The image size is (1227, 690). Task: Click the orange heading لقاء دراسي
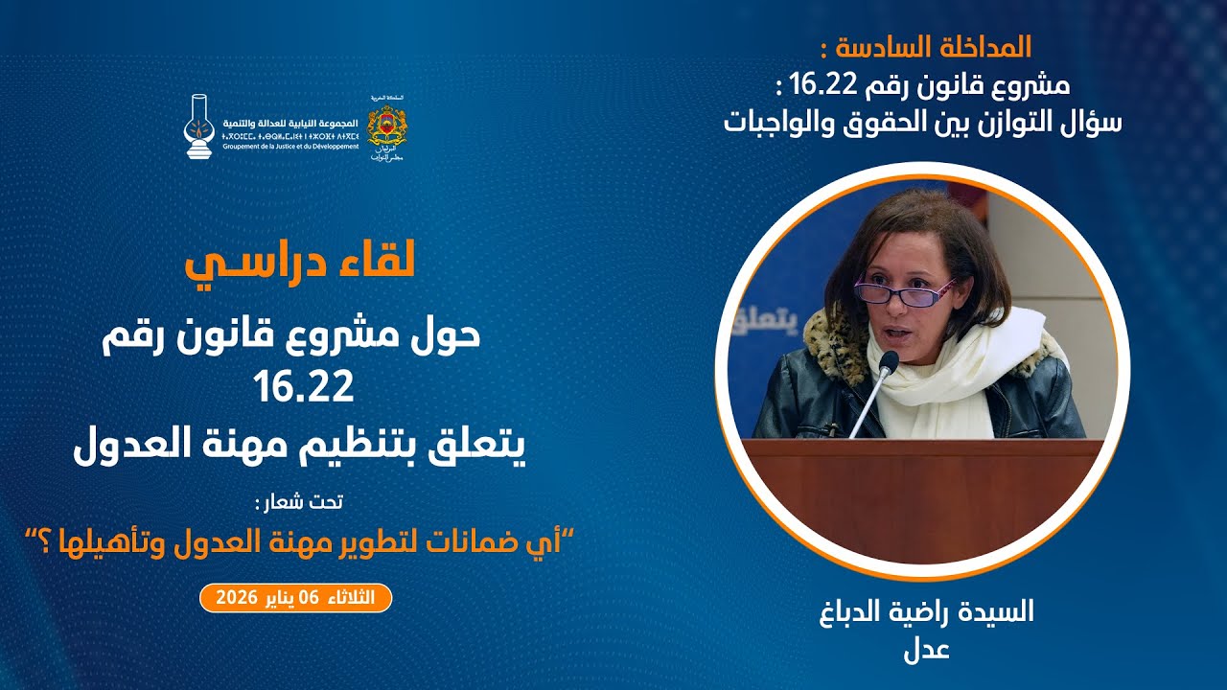coord(300,264)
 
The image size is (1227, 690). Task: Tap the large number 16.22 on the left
coord(304,387)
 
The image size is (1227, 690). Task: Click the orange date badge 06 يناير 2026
coord(295,598)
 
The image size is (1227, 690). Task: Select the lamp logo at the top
coord(198,126)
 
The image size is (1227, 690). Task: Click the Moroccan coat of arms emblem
coord(387,125)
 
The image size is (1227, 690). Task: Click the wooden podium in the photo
coord(925,498)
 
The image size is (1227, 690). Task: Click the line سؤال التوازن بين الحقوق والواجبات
coord(923,122)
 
